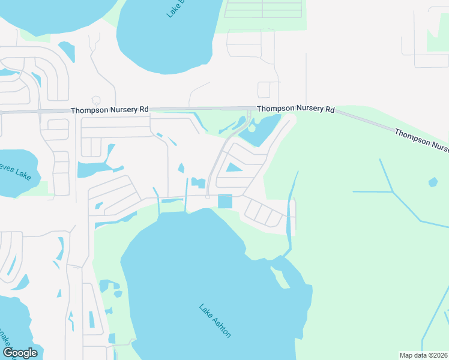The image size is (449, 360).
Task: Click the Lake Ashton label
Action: point(215,321)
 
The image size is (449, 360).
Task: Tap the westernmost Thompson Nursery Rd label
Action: point(109,110)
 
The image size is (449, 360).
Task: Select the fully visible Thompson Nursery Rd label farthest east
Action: point(295,109)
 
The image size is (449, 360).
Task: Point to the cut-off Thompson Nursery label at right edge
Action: point(421,139)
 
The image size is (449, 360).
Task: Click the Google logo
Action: point(20,353)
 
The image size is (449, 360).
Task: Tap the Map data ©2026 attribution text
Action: point(423,355)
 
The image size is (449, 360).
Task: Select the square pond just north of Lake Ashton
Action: point(224,202)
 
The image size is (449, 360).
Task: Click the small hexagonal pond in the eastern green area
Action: point(433,182)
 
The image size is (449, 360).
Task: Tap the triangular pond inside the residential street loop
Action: point(234,167)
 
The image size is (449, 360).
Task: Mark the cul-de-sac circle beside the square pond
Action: point(208,197)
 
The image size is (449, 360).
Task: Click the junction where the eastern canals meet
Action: point(393,193)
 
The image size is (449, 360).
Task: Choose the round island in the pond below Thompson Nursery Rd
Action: point(252,128)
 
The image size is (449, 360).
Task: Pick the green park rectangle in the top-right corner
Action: point(438,33)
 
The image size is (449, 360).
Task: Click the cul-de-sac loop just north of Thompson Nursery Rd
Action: point(95,99)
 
